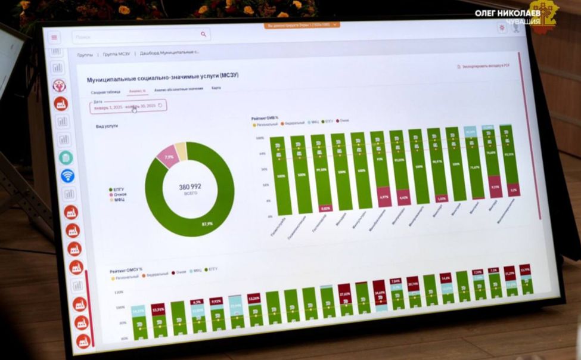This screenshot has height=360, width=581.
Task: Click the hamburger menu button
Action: (54, 37)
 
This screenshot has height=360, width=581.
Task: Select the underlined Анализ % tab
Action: (137, 91)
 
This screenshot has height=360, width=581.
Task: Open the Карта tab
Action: (216, 88)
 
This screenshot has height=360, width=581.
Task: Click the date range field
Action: (128, 105)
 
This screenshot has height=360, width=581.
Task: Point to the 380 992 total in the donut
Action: (190, 187)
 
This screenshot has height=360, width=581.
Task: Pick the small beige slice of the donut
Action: (181, 151)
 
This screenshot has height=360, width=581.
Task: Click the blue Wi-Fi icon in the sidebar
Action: (68, 176)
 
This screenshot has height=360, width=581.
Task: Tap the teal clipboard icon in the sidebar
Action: (66, 158)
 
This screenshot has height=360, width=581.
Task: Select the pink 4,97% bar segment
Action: (384, 197)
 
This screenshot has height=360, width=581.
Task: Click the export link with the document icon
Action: (483, 66)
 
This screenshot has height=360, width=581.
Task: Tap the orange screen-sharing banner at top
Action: (303, 25)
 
